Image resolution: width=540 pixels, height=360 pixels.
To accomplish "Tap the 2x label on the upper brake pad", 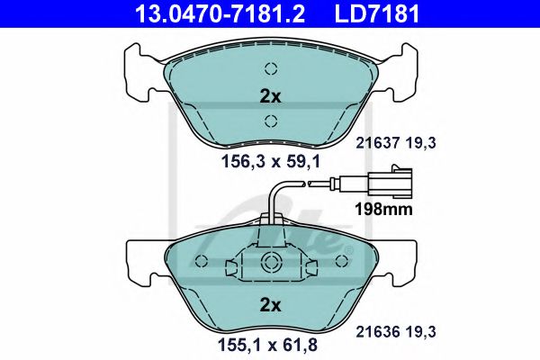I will pos(271,95).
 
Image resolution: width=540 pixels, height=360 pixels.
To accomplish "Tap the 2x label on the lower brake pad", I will pos(271,305).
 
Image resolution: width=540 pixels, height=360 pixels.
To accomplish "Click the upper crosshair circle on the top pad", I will pos(271,69).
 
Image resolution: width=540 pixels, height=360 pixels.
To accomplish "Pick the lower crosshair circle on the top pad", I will pos(271,122).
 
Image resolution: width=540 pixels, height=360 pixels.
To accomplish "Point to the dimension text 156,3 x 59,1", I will pos(271,162).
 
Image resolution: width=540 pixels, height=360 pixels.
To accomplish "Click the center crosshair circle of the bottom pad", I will pos(271,263).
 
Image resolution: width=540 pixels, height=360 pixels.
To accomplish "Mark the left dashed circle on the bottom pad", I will pos(202,261).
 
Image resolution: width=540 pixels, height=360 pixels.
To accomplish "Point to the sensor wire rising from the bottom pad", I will pos(273,202).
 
